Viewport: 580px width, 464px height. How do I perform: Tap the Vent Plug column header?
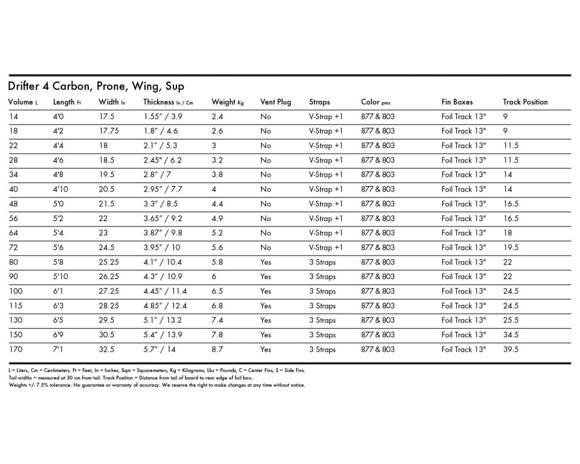[x=275, y=102]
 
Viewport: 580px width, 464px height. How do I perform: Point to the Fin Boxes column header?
[x=457, y=102]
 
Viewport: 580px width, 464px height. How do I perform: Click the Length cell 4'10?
[x=62, y=189]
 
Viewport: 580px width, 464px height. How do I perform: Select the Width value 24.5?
[x=106, y=248]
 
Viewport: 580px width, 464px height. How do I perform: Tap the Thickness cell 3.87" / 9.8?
[x=163, y=233]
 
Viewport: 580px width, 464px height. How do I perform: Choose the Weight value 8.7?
[x=217, y=349]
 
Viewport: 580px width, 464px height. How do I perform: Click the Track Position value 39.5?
[x=511, y=349]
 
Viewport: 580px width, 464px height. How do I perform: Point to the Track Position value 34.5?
[x=511, y=335]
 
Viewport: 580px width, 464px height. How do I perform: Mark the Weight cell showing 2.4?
[x=217, y=117]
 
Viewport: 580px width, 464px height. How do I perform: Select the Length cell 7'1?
[x=59, y=349]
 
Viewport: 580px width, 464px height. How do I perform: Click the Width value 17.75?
[x=109, y=131]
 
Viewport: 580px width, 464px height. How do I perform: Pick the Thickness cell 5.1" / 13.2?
[x=163, y=320]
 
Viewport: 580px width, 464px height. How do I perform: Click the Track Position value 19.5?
[x=511, y=248]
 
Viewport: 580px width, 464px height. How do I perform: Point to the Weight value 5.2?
[x=217, y=233]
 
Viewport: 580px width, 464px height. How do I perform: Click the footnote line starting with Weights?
[x=157, y=385]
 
